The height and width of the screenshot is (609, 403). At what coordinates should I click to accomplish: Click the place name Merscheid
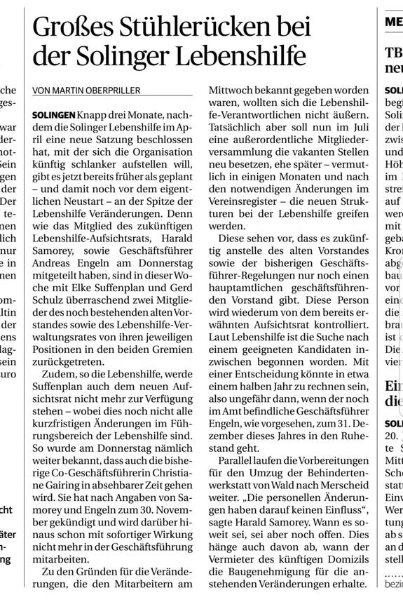pyautogui.click(x=343, y=474)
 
